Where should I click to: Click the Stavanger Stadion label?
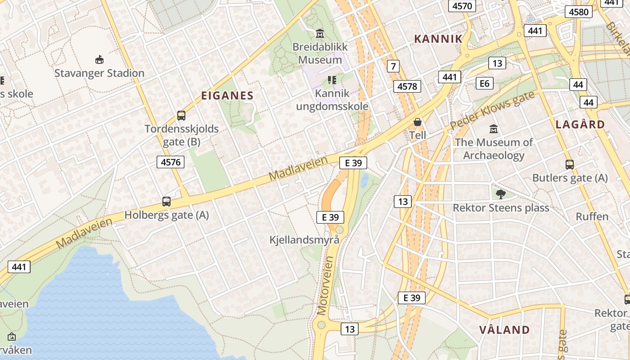point(99,73)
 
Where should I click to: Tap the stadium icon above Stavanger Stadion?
point(99,59)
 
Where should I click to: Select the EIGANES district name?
point(227,95)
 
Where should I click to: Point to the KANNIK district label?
point(438,39)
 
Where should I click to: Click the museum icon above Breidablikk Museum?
point(320,33)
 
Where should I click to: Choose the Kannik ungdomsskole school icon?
point(332,80)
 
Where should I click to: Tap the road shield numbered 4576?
point(171,162)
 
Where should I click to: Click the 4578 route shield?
point(407,86)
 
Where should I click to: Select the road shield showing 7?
point(393,67)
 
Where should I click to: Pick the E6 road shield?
point(484,83)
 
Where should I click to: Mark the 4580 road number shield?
point(579,12)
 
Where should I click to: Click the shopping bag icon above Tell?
point(418,122)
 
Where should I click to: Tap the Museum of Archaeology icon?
point(494,129)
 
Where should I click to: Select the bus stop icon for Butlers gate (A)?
point(570,165)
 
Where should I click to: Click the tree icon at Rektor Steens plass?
point(500,194)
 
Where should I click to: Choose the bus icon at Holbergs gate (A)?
point(166,202)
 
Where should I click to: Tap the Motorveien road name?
point(326,285)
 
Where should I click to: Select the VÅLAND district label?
point(504,330)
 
